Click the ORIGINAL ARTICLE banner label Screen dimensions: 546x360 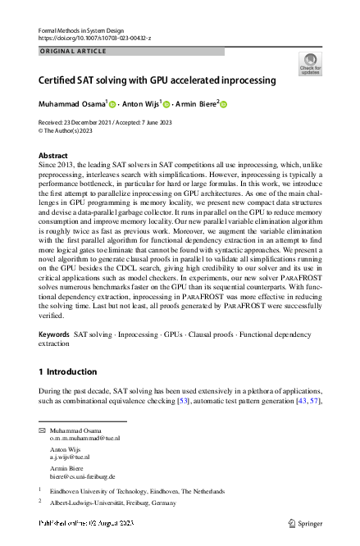click(x=72, y=51)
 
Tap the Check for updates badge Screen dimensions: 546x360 click(x=310, y=64)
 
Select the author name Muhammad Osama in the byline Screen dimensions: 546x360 click(x=72, y=105)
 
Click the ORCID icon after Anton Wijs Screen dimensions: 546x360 click(x=166, y=105)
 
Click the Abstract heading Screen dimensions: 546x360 click(x=53, y=155)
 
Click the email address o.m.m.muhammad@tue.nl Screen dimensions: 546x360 click(x=84, y=439)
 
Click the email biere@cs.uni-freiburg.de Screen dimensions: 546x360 click(x=82, y=476)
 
